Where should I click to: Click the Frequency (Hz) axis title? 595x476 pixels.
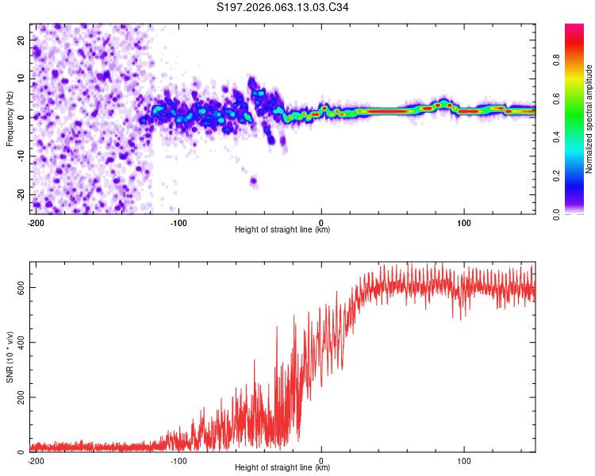10,118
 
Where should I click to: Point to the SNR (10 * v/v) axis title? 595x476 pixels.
10,356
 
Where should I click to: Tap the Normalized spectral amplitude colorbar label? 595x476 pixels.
589,119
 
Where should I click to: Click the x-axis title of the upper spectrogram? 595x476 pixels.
282,230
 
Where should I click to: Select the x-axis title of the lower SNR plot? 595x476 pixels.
282,468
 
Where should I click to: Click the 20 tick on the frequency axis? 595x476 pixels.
22,40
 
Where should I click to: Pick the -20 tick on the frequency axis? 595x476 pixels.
21,195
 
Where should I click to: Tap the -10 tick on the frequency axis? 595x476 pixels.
21,156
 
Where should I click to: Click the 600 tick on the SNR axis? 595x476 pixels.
19,288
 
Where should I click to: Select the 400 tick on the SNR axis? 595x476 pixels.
19,343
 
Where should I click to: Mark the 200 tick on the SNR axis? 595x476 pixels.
19,397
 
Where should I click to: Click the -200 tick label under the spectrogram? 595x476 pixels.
35,222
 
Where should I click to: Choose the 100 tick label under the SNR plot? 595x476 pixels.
464,460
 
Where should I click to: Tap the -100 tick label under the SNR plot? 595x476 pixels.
178,460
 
